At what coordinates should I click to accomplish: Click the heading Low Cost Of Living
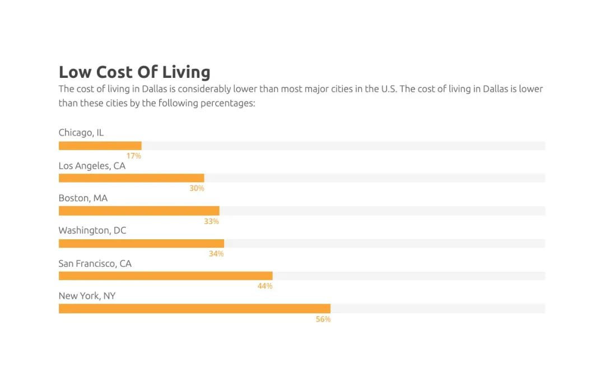pyautogui.click(x=134, y=72)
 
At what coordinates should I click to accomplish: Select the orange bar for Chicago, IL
pyautogui.click(x=100, y=146)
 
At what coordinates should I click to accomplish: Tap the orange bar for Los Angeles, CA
pyautogui.click(x=132, y=178)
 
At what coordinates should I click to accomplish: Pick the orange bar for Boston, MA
pyautogui.click(x=139, y=211)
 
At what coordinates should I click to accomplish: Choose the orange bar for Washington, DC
pyautogui.click(x=141, y=243)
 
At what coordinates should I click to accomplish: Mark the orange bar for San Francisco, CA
pyautogui.click(x=166, y=276)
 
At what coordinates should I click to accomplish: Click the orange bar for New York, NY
pyautogui.click(x=194, y=309)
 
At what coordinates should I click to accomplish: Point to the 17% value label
pyautogui.click(x=134, y=156)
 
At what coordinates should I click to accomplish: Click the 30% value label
pyautogui.click(x=197, y=188)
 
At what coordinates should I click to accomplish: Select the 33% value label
pyautogui.click(x=211, y=221)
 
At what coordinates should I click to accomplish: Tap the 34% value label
pyautogui.click(x=216, y=254)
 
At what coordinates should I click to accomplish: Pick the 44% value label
pyautogui.click(x=265, y=286)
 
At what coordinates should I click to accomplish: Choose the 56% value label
pyautogui.click(x=323, y=319)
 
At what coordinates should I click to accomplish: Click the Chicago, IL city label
pyautogui.click(x=81, y=133)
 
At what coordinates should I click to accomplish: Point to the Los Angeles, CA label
pyautogui.click(x=92, y=166)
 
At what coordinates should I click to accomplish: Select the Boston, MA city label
pyautogui.click(x=83, y=198)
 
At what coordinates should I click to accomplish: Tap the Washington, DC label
pyautogui.click(x=92, y=231)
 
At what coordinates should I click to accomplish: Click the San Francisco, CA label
pyautogui.click(x=95, y=263)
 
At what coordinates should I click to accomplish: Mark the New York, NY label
pyautogui.click(x=87, y=296)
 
